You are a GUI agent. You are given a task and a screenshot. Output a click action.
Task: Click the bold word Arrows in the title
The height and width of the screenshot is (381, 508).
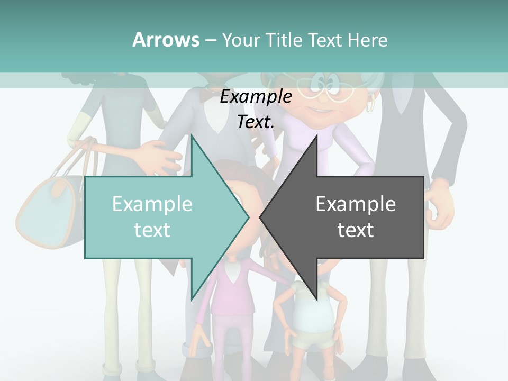tap(166, 40)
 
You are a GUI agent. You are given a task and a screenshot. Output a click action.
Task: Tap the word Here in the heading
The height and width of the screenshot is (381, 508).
tap(367, 40)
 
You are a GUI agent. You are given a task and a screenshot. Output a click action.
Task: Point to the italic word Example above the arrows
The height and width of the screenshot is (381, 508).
tap(256, 97)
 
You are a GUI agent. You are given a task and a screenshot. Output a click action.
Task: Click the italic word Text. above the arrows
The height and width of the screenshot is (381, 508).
tap(256, 122)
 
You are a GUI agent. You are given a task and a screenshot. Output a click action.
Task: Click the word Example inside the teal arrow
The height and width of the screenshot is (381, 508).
tap(152, 204)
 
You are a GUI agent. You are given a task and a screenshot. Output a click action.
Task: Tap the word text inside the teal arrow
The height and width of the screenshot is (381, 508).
tap(152, 230)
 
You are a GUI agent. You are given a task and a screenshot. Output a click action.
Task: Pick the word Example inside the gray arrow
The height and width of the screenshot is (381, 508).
tap(356, 204)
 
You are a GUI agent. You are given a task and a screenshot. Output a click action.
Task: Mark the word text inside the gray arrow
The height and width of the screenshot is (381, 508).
tap(356, 230)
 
